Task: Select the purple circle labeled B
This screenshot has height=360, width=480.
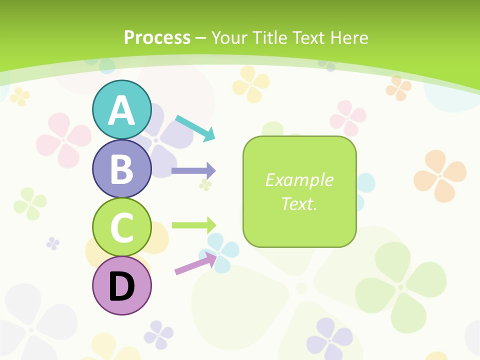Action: coord(122,168)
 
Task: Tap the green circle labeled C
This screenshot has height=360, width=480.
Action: coord(122,227)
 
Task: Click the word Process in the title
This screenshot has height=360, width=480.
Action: coord(157,37)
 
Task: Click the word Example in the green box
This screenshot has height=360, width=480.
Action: coord(299,180)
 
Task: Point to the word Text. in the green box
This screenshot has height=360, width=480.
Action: coord(299,204)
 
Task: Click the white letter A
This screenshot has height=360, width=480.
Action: coord(122,111)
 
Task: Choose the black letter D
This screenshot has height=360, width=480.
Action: coord(122,287)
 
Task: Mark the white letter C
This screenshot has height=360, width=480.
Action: coord(122,228)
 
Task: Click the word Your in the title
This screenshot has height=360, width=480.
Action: coord(230,37)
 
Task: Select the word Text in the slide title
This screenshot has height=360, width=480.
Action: coord(309,37)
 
